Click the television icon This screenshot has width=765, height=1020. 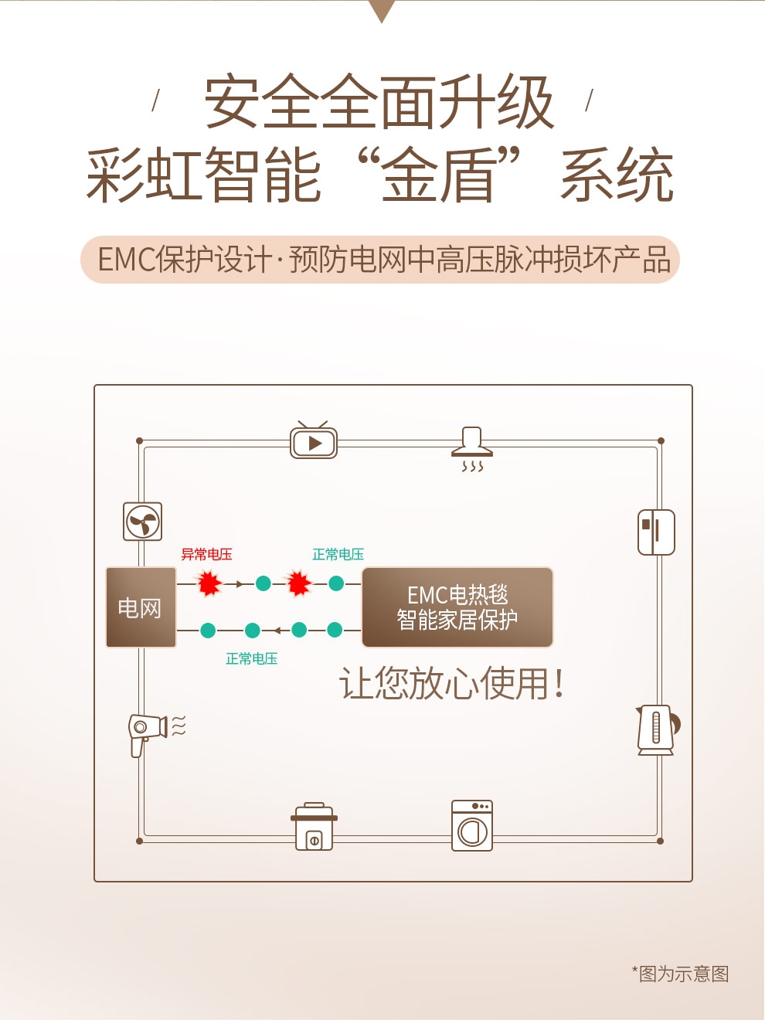point(314,440)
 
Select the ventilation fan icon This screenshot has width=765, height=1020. point(143,522)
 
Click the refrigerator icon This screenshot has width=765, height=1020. point(656,532)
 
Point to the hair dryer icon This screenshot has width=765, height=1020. point(157,734)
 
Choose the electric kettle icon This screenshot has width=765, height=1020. point(658,730)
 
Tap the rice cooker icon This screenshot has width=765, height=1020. point(314,826)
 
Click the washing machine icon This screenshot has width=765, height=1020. point(472,826)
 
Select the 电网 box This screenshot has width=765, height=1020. point(141,607)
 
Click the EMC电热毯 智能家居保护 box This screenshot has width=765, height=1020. point(457,607)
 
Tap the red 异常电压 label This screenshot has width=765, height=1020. point(206,554)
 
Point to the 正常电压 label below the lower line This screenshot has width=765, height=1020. point(251,658)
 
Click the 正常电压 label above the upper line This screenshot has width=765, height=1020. point(338,554)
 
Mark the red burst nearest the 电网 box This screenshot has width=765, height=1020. point(209,583)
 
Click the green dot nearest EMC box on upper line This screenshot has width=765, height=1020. point(336,583)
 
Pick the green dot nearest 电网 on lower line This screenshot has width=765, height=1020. point(208,631)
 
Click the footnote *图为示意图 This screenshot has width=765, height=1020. point(681,974)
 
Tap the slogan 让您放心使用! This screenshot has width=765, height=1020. point(452,683)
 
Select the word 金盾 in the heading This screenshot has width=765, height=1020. point(437,175)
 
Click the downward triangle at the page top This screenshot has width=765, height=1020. point(382,11)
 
